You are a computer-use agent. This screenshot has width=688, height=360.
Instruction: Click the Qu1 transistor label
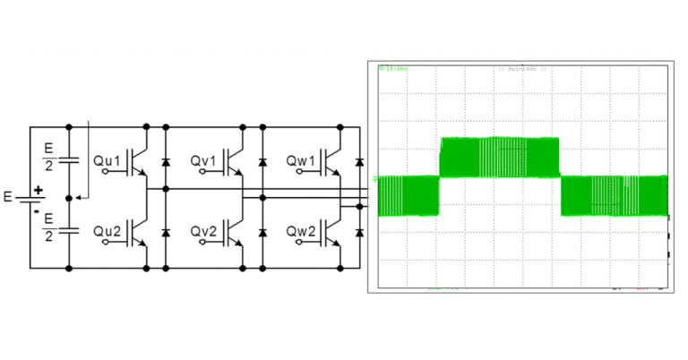pyautogui.click(x=107, y=161)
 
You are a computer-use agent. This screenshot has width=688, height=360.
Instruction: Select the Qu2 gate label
pyautogui.click(x=107, y=231)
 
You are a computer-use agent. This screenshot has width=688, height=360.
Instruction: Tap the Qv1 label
pyautogui.click(x=203, y=161)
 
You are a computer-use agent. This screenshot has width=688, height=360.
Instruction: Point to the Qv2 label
pyautogui.click(x=203, y=231)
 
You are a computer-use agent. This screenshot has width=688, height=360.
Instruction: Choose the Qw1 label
pyautogui.click(x=302, y=161)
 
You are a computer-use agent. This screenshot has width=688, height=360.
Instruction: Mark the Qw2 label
pyautogui.click(x=302, y=231)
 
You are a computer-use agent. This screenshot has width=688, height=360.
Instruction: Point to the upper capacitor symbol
pyautogui.click(x=69, y=161)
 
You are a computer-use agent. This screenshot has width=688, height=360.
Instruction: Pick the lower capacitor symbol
pyautogui.click(x=69, y=231)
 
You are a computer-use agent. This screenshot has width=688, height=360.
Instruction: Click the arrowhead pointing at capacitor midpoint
pyautogui.click(x=78, y=196)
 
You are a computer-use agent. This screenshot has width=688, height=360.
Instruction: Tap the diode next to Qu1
pyautogui.click(x=165, y=162)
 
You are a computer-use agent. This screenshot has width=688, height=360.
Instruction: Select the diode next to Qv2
pyautogui.click(x=262, y=232)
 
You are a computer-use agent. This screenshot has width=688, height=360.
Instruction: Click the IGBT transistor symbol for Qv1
pyautogui.click(x=235, y=161)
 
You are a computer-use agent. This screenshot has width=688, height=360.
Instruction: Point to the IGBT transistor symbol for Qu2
pyautogui.click(x=137, y=231)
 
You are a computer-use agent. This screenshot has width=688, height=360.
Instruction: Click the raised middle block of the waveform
pyautogui.click(x=499, y=157)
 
